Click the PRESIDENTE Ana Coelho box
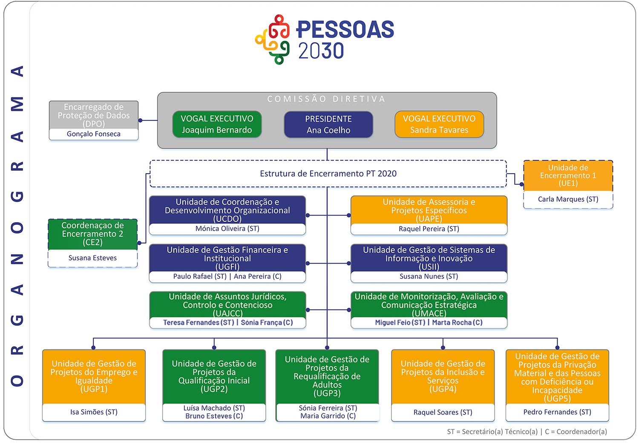(x=328, y=124)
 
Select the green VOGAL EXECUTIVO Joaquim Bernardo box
(x=217, y=124)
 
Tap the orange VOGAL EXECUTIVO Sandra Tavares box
(x=439, y=124)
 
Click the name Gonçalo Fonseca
(x=94, y=134)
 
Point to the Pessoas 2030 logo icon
(x=273, y=40)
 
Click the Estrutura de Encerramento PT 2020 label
(x=328, y=174)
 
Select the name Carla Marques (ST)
(x=568, y=199)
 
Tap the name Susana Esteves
(x=92, y=258)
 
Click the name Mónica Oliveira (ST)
(x=227, y=229)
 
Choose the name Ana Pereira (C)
(x=258, y=276)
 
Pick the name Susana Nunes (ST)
(x=429, y=276)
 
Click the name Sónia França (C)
(x=267, y=323)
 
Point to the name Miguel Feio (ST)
(x=400, y=323)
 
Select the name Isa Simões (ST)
(x=94, y=412)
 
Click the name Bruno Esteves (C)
(x=214, y=416)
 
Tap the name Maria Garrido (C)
(x=328, y=416)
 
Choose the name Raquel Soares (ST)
(x=443, y=412)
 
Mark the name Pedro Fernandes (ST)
(x=557, y=412)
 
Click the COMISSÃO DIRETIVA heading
(x=326, y=99)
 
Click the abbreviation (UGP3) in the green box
(x=327, y=393)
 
